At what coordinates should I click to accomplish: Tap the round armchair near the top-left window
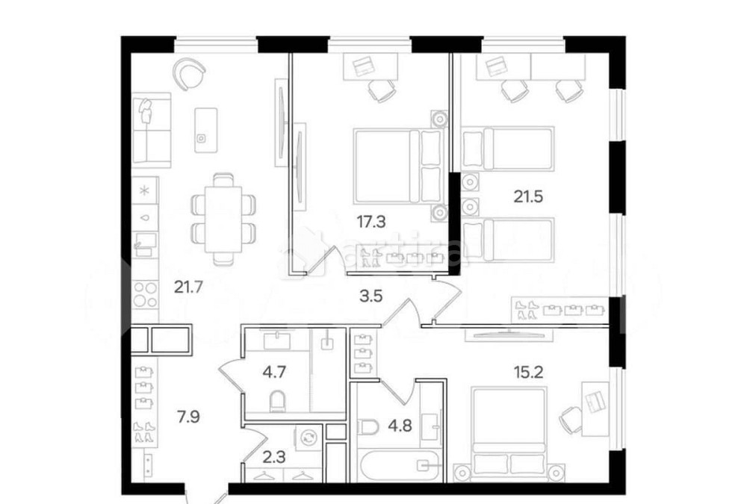coord(189,74)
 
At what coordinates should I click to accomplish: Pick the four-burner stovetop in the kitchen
coord(145,294)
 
